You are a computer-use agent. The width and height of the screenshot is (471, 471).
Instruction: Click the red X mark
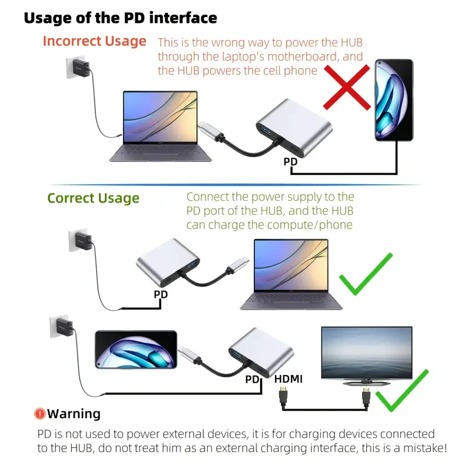(x=347, y=87)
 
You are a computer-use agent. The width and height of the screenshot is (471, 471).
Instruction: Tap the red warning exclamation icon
(x=39, y=414)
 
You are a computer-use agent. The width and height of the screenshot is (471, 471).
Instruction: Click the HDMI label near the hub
(x=288, y=379)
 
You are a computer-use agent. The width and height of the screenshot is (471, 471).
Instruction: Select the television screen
(x=367, y=353)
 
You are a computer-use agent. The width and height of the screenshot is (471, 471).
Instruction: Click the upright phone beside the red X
(x=394, y=100)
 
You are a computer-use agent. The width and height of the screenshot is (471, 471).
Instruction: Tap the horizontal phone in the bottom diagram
(x=136, y=350)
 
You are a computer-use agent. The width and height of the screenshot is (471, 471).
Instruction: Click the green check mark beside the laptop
(x=366, y=274)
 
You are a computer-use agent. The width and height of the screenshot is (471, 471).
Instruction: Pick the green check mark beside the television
(x=402, y=390)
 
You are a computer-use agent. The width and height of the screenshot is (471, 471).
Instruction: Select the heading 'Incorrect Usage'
(x=94, y=41)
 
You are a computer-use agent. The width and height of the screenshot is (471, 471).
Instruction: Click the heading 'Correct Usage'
(x=94, y=198)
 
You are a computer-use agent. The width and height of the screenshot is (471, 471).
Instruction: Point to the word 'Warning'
(x=74, y=414)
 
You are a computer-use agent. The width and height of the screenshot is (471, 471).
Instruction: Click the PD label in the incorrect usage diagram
(x=290, y=161)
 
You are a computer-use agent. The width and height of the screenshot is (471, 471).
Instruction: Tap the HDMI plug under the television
(x=366, y=397)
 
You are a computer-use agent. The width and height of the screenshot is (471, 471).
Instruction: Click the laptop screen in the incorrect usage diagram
(x=160, y=117)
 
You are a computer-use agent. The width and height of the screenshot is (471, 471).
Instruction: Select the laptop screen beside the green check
(x=291, y=266)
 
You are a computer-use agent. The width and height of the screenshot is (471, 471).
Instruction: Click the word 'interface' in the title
(x=183, y=18)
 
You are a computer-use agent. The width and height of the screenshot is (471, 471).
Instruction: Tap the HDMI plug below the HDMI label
(x=283, y=396)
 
